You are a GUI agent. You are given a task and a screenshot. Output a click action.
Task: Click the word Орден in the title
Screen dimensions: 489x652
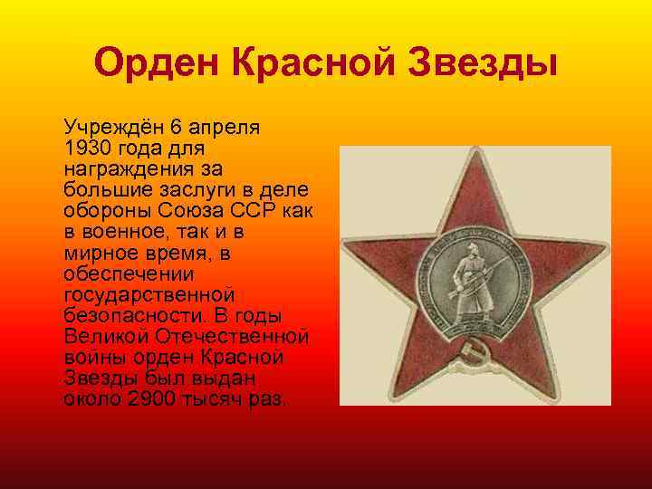(x=157, y=64)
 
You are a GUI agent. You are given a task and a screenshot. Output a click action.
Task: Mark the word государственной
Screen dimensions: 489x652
(x=150, y=294)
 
